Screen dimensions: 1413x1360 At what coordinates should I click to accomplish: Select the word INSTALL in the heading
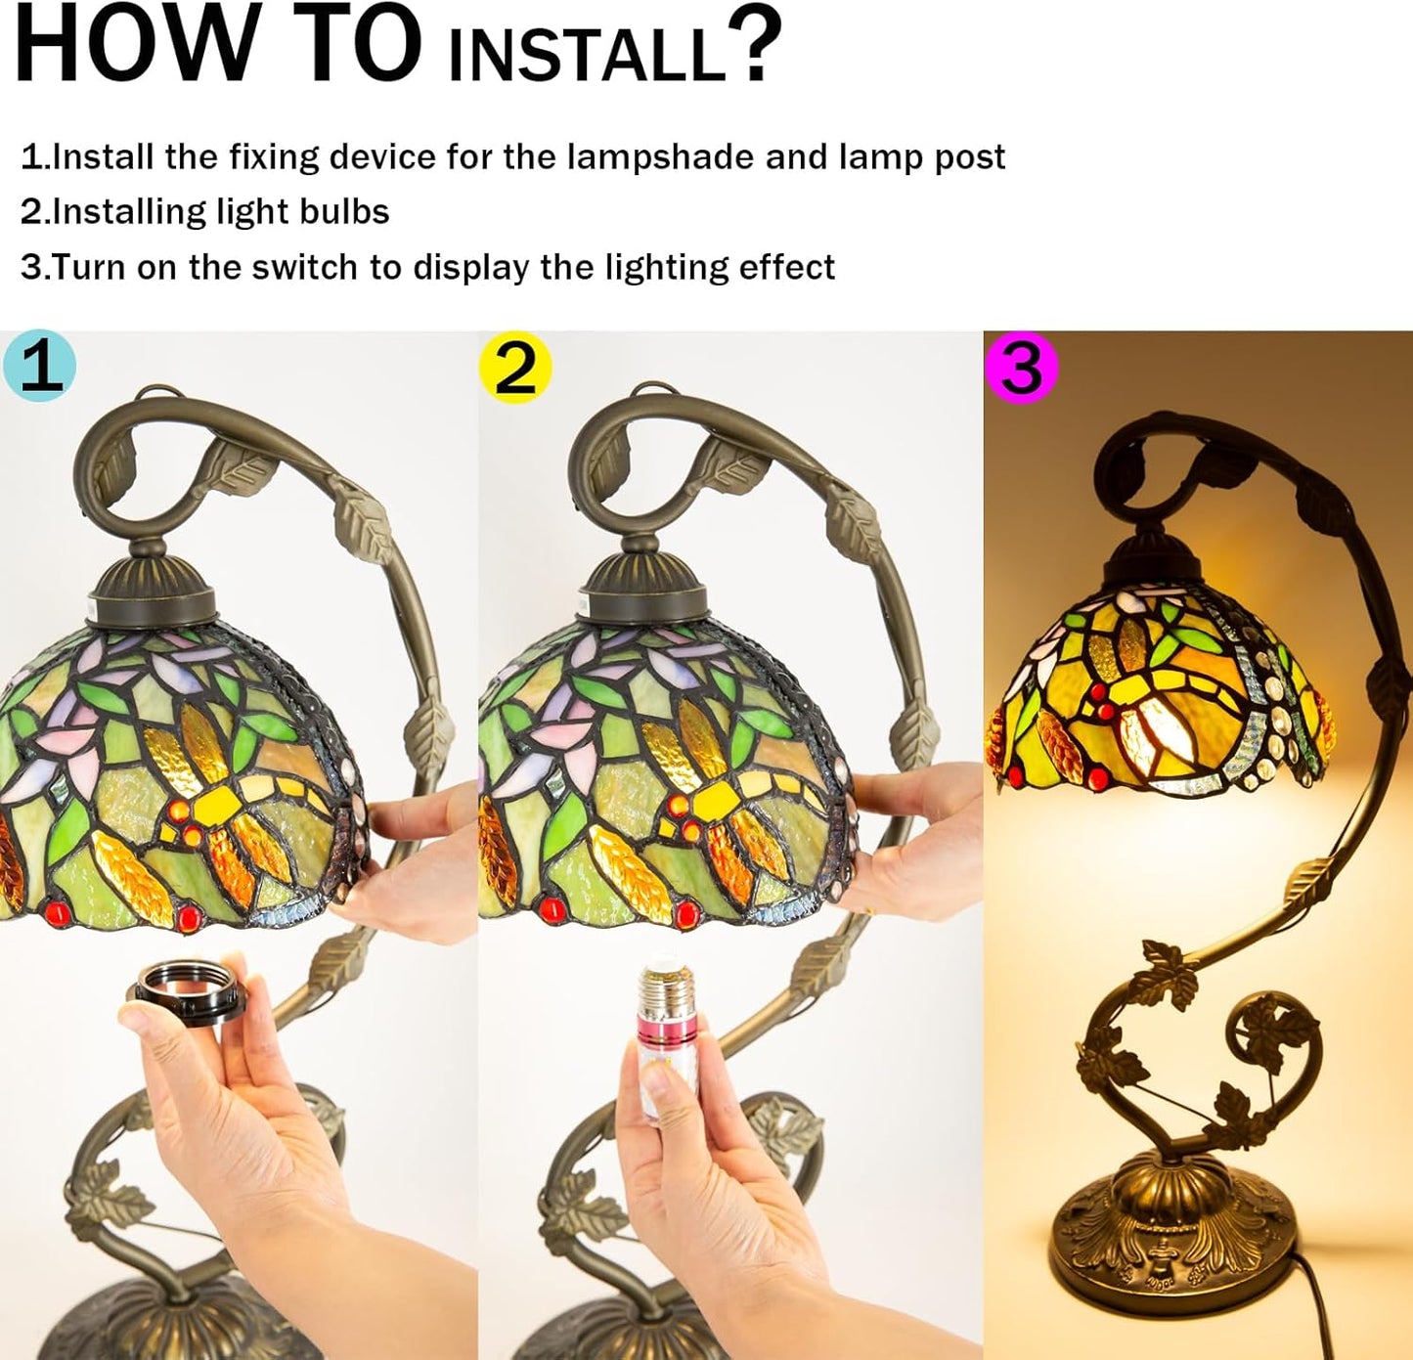(588, 52)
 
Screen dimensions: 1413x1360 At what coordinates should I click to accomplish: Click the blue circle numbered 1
(40, 367)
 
